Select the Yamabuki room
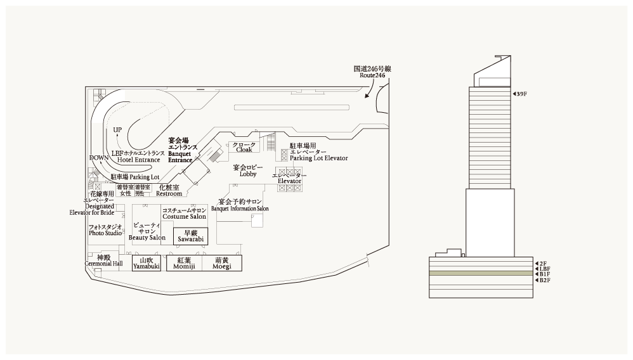pyautogui.click(x=147, y=264)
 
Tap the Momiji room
pyautogui.click(x=184, y=264)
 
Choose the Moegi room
pyautogui.click(x=222, y=264)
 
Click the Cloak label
pyautogui.click(x=245, y=148)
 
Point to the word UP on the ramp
pyautogui.click(x=117, y=130)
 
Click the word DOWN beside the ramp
pyautogui.click(x=98, y=158)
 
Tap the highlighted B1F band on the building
pyautogui.click(x=480, y=273)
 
